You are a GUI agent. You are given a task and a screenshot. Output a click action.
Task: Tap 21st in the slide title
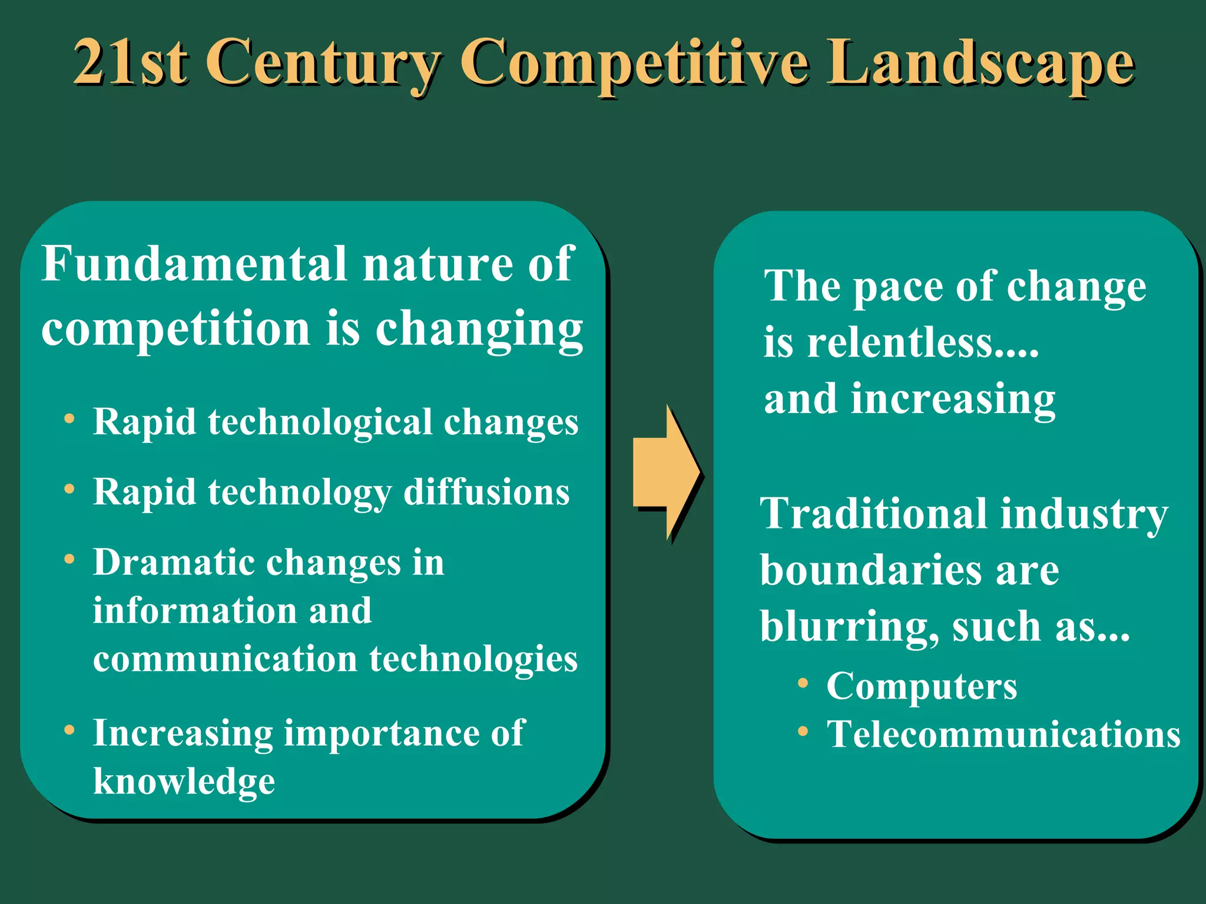131,62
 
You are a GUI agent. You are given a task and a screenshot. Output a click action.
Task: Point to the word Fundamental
194,264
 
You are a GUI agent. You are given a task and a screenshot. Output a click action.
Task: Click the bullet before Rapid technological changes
69,419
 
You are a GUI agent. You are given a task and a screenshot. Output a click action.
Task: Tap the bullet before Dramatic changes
69,559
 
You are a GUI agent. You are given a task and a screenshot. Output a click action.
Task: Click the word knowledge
184,782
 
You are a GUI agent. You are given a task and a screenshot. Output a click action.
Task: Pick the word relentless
922,343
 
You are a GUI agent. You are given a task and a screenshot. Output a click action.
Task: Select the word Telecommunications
1003,734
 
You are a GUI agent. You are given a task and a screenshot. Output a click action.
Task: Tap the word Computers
922,686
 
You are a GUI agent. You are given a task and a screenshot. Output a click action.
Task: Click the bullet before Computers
803,683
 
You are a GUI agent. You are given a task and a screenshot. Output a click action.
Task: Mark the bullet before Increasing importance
69,730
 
